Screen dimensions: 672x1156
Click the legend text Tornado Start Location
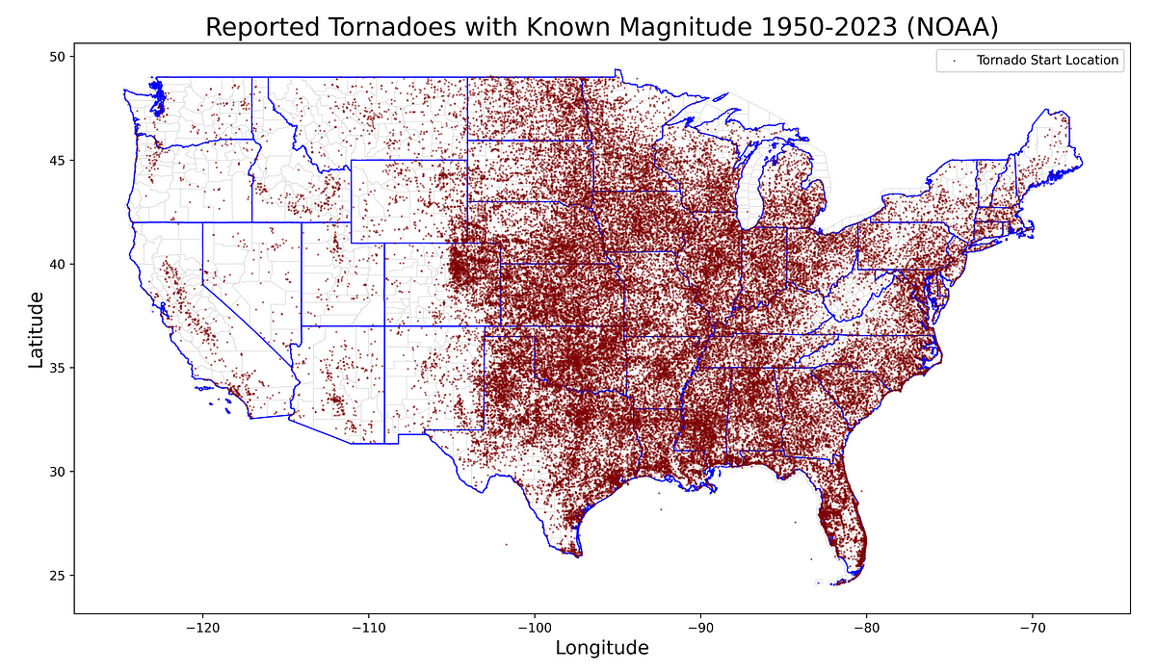1047,61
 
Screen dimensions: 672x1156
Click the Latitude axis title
36,330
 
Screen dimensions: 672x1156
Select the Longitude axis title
602,648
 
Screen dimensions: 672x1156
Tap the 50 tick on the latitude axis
57,56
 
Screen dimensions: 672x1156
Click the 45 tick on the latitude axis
57,160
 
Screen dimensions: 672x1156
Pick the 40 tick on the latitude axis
57,264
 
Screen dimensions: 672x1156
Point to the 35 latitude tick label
57,368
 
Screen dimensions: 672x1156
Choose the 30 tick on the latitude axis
57,472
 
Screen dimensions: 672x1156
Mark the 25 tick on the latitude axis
57,576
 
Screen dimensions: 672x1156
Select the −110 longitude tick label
368,626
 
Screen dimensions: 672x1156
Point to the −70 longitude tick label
1033,626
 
